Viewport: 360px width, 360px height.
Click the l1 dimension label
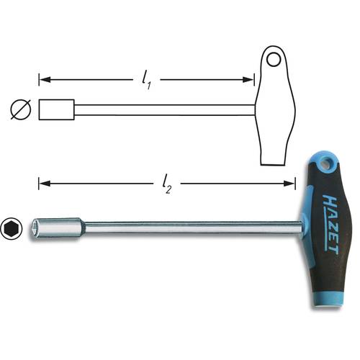tap(146, 78)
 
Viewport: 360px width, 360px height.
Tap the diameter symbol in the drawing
tap(19, 109)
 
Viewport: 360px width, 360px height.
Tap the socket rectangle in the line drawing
tap(57, 109)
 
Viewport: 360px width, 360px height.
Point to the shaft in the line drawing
tap(166, 109)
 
